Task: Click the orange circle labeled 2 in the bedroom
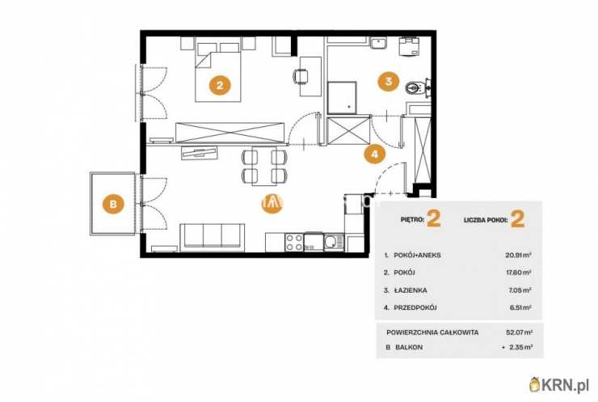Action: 219,85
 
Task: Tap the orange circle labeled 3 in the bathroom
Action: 388,81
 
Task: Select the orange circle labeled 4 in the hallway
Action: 374,154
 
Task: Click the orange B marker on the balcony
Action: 113,204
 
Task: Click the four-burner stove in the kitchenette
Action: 294,243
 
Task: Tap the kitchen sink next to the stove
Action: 333,243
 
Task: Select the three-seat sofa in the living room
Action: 212,237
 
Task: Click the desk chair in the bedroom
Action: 301,76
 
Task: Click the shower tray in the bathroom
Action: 342,97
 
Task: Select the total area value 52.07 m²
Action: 519,332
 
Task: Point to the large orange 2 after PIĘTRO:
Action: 434,218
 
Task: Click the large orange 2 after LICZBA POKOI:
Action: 517,219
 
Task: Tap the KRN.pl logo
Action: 560,384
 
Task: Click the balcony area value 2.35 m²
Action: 520,347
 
